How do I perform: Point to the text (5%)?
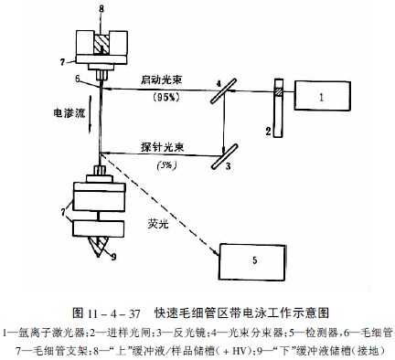[164, 164]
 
